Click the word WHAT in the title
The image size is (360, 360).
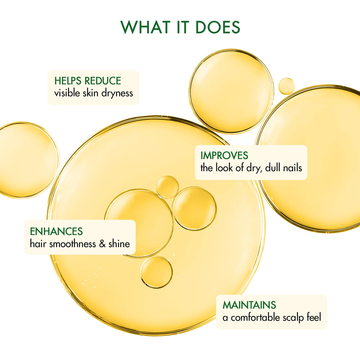(145, 27)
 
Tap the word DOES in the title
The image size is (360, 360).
(217, 27)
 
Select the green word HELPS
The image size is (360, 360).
(68, 81)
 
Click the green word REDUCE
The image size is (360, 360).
(103, 81)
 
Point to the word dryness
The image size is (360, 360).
(117, 93)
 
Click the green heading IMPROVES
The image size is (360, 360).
(224, 155)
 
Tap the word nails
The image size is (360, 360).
(292, 167)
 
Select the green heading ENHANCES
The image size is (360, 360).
(56, 232)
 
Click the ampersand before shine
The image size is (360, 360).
(102, 244)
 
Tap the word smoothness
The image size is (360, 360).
(73, 244)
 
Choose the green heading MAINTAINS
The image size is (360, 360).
(249, 305)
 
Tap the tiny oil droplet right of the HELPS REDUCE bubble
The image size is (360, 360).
(286, 86)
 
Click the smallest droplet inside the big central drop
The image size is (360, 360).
(167, 187)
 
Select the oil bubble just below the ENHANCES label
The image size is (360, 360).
(156, 272)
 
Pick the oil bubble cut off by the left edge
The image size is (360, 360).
(28, 160)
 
